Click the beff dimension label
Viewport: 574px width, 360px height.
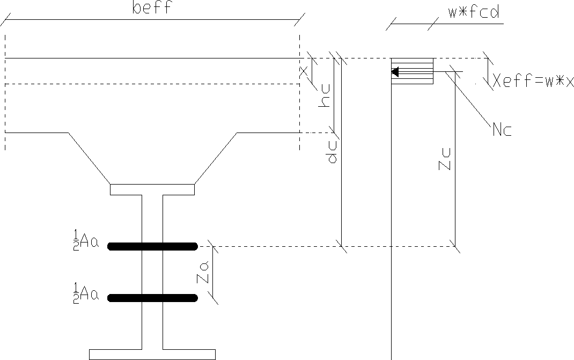tap(152, 8)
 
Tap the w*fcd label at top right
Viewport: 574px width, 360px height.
tap(474, 12)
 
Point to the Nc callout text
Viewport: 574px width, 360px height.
tap(502, 129)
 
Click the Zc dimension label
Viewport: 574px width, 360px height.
tap(444, 159)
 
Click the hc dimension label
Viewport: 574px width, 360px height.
tap(324, 96)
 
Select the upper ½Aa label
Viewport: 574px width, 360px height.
tap(86, 240)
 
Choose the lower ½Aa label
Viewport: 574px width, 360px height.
tap(86, 293)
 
